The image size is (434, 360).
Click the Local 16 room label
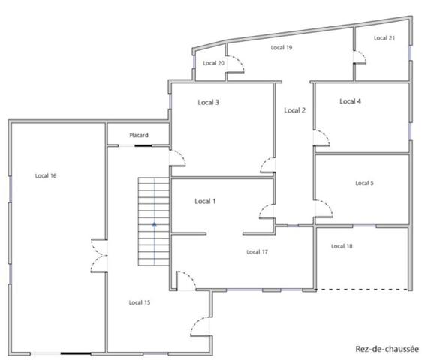46,175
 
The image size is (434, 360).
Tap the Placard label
139,135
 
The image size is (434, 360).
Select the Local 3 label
209,102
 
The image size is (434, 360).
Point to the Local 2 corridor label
295,110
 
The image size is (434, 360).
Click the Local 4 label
350,101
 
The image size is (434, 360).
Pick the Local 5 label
364,183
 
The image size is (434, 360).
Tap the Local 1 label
205,201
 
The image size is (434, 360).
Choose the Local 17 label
257,252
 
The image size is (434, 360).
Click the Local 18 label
342,246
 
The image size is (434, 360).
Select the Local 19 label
282,47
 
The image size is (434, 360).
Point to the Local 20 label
214,63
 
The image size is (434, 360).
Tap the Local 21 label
384,38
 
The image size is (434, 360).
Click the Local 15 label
140,302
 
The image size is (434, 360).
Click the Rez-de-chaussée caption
387,349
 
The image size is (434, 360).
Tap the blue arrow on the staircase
155,224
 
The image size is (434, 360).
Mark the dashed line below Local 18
362,289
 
